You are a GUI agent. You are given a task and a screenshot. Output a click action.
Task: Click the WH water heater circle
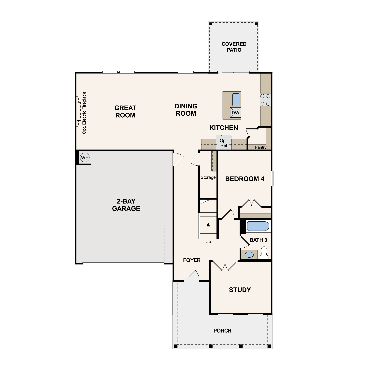85,158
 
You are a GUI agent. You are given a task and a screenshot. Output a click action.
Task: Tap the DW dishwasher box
235,113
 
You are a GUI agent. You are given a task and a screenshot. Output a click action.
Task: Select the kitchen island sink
236,100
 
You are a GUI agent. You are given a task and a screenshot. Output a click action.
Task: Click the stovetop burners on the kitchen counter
265,100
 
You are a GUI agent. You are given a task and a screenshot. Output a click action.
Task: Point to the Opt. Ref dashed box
224,142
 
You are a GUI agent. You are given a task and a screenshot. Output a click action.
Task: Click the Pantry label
261,147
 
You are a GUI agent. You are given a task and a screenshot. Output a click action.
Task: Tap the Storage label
208,177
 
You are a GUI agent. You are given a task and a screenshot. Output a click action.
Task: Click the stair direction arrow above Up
208,230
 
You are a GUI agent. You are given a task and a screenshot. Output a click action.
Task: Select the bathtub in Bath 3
258,226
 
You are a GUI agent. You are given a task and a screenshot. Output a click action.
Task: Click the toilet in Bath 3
264,253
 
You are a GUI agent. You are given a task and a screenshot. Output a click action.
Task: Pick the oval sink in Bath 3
249,255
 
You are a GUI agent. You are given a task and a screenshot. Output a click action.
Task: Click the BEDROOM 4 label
245,179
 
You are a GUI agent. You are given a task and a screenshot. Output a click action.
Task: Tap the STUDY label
240,290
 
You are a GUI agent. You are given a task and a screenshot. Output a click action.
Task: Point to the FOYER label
192,260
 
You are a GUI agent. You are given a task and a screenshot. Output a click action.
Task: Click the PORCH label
222,331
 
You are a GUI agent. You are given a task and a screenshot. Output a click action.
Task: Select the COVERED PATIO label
234,47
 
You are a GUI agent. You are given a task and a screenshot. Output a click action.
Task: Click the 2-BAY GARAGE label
126,205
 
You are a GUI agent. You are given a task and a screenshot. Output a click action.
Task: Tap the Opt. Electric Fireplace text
84,113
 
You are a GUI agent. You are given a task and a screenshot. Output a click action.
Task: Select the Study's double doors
225,266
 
